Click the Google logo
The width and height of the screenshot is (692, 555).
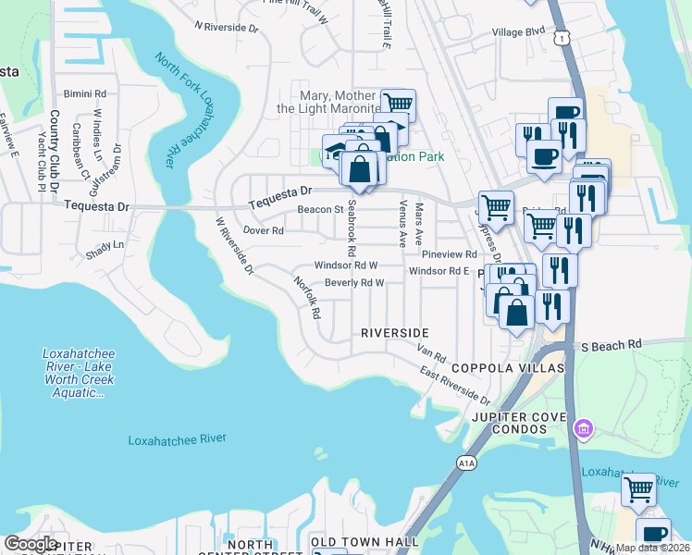31,544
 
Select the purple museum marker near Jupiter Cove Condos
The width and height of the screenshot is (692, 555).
583,428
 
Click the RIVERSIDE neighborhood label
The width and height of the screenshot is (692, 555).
395,332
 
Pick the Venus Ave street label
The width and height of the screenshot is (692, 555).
402,226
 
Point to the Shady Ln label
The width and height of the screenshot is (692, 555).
105,244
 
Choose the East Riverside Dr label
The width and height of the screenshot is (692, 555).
454,387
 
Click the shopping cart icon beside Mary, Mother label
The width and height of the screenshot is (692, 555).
398,104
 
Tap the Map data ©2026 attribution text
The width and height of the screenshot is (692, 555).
652,548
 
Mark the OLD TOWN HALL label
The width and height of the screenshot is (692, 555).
364,541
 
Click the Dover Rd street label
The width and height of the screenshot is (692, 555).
263,230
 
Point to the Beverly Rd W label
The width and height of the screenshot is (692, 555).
353,283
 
